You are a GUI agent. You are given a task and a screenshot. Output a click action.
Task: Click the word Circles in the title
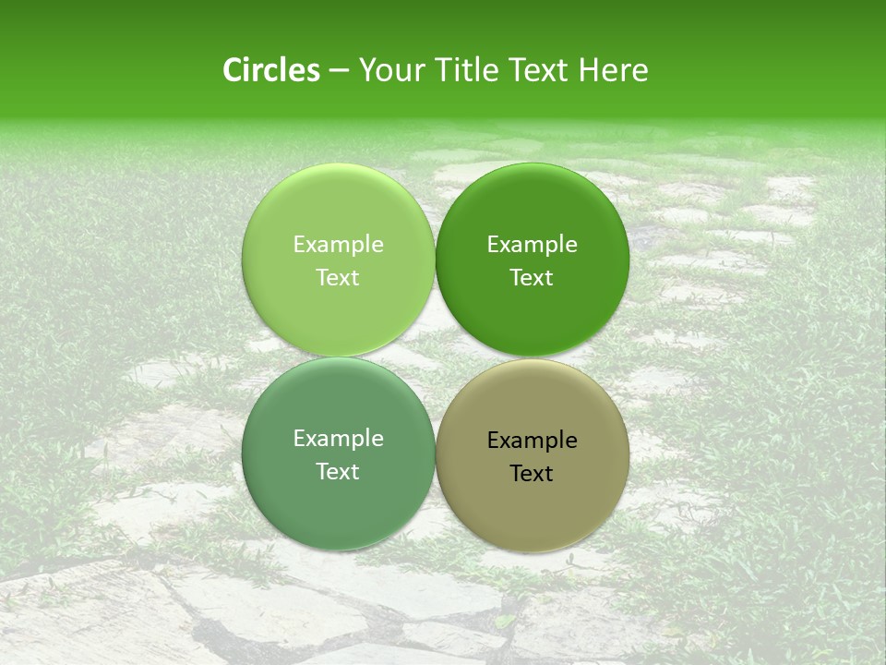270,70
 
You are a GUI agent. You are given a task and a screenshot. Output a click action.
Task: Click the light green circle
338,208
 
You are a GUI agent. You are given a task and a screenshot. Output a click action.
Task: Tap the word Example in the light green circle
338,244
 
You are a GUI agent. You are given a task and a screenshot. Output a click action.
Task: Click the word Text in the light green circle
338,277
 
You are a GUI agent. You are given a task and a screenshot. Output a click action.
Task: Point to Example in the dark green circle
532,244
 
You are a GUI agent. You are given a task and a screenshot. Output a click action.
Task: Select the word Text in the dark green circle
532,277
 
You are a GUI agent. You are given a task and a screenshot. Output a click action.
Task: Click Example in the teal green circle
338,438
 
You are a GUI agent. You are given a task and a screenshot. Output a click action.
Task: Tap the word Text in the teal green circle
338,471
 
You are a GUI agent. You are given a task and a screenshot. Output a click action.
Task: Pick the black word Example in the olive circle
532,440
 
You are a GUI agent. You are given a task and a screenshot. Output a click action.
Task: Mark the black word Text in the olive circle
532,473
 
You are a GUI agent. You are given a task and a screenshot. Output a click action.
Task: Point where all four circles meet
435,357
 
